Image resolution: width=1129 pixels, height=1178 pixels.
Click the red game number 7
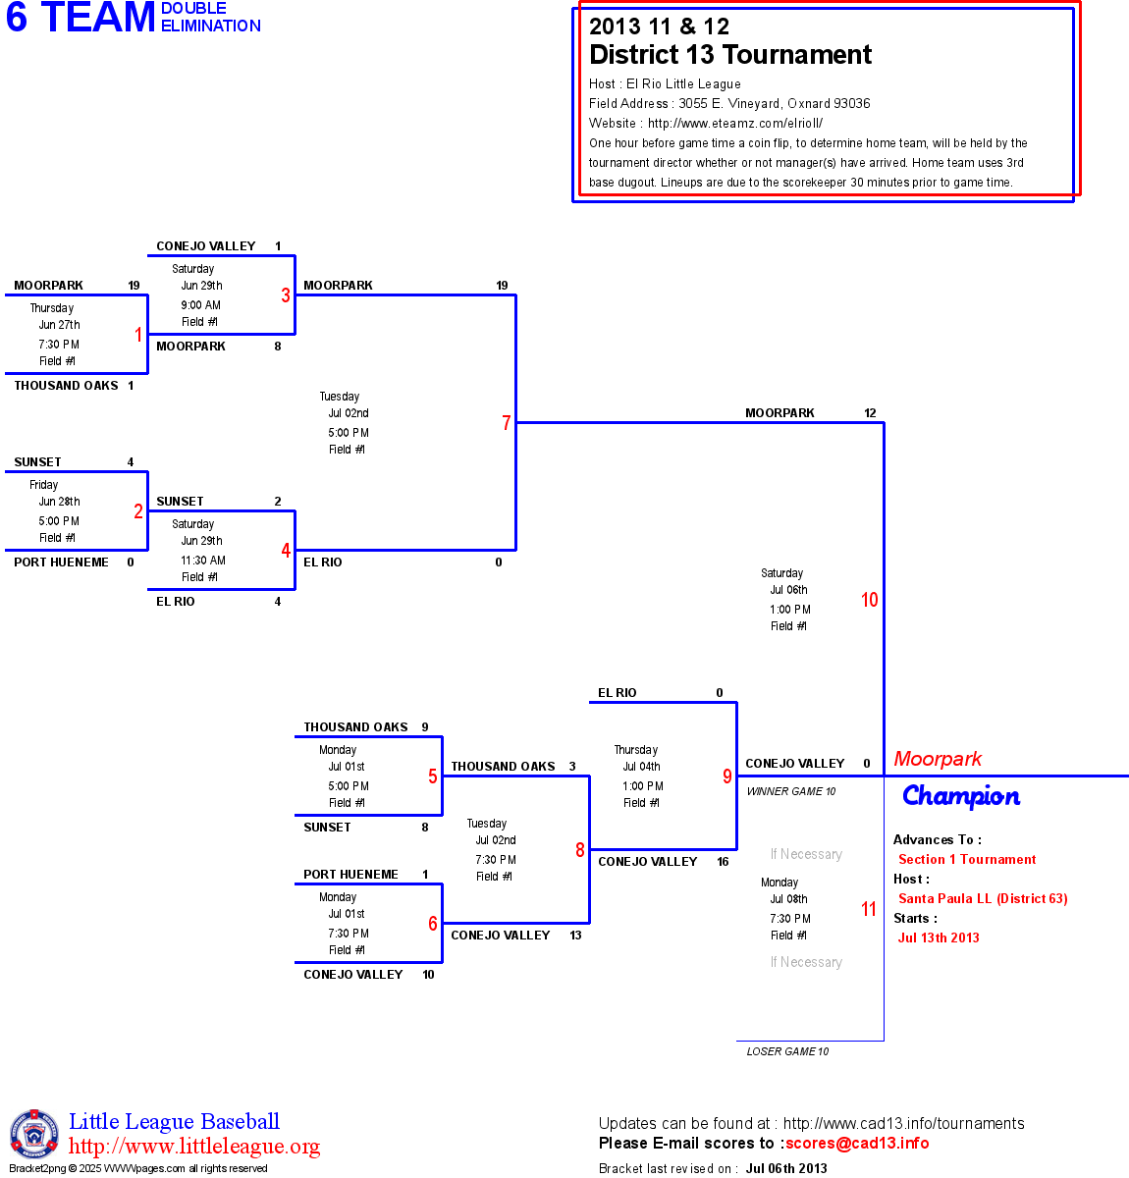pyautogui.click(x=506, y=422)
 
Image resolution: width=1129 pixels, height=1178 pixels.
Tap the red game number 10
pyautogui.click(x=869, y=599)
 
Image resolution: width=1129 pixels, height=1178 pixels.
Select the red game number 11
pyautogui.click(x=869, y=909)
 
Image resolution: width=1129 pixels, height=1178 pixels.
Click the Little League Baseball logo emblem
pyautogui.click(x=34, y=1134)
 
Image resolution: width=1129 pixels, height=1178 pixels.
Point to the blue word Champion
pyautogui.click(x=961, y=797)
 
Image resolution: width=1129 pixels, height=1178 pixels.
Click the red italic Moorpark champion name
pyautogui.click(x=938, y=759)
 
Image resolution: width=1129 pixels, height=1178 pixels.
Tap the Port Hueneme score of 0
pyautogui.click(x=131, y=562)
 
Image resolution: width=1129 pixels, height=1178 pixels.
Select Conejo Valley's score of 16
pyautogui.click(x=723, y=861)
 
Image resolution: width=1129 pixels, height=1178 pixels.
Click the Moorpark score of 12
pyautogui.click(x=870, y=413)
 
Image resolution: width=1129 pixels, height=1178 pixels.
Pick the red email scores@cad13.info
pyautogui.click(x=857, y=1143)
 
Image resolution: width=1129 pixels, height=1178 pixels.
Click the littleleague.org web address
pyautogui.click(x=193, y=1146)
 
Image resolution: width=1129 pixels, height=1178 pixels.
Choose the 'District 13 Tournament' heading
pyautogui.click(x=730, y=54)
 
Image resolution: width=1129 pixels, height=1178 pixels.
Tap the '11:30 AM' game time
pyautogui.click(x=203, y=560)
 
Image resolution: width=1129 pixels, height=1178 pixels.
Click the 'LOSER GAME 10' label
pyautogui.click(x=787, y=1051)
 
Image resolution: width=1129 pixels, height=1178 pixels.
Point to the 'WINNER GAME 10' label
pyautogui.click(x=791, y=791)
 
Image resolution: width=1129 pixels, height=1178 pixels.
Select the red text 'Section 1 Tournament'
pyautogui.click(x=967, y=859)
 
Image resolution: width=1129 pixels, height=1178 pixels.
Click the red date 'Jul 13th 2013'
pyautogui.click(x=939, y=937)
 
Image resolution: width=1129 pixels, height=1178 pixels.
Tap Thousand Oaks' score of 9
pyautogui.click(x=425, y=727)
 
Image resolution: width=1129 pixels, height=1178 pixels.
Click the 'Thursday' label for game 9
pyautogui.click(x=635, y=749)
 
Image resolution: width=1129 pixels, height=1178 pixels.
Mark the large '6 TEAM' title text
pyautogui.click(x=81, y=17)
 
